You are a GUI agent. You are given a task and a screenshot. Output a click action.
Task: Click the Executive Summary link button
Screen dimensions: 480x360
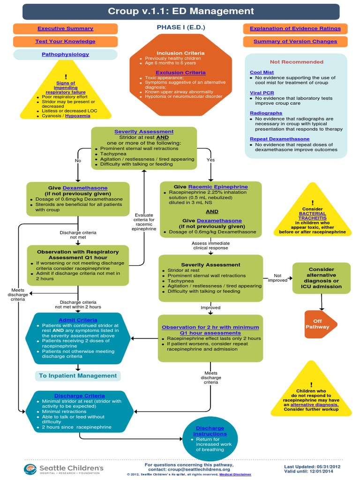point(65,29)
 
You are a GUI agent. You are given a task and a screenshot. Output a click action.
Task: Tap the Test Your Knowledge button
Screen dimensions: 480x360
point(65,41)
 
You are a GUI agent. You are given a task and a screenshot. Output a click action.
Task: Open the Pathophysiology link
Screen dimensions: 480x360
point(65,54)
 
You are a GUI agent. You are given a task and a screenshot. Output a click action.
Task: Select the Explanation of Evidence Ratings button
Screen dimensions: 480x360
point(295,29)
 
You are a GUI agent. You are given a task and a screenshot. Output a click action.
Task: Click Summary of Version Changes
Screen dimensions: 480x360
point(295,41)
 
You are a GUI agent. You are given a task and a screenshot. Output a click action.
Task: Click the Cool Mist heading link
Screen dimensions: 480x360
point(262,72)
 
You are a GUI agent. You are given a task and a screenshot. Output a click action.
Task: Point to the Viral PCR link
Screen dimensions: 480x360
point(262,93)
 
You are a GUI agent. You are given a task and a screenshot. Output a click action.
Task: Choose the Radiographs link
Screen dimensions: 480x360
point(266,113)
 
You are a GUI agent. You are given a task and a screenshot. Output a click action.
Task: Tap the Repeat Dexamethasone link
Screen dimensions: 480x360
point(279,139)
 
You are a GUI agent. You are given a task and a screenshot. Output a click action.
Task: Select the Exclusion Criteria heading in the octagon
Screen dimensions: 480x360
point(180,73)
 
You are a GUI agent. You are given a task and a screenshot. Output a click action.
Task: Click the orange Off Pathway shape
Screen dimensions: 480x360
point(318,324)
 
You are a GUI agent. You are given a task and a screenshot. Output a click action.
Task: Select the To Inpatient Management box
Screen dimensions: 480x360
point(78,375)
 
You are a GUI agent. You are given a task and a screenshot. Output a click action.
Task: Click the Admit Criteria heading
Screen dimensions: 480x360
point(78,320)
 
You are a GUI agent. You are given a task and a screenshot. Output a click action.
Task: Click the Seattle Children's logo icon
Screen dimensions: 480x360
point(30,468)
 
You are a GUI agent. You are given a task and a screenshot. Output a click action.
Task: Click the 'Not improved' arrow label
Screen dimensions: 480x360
point(277,278)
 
